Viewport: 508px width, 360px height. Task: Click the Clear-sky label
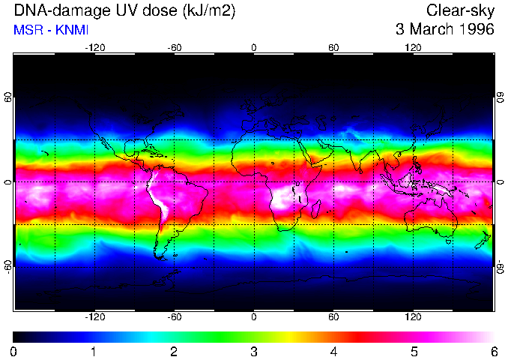(x=460, y=10)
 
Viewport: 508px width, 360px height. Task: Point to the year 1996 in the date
(x=475, y=30)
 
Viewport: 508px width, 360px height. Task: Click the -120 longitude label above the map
(x=94, y=47)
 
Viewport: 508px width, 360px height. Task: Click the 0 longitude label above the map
(x=254, y=47)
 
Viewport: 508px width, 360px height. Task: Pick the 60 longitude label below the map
(x=333, y=317)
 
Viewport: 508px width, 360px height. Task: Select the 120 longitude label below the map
(x=413, y=317)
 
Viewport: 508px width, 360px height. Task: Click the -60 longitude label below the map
(x=174, y=317)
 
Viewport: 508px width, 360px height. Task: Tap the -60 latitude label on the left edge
(x=8, y=265)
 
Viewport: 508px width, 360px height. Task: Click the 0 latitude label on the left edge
(x=8, y=181)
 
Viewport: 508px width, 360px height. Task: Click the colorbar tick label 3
(x=254, y=351)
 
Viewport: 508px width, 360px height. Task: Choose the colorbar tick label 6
(x=493, y=351)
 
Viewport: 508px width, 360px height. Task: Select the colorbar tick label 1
(x=94, y=351)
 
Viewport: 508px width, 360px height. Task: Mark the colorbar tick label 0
(x=14, y=351)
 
